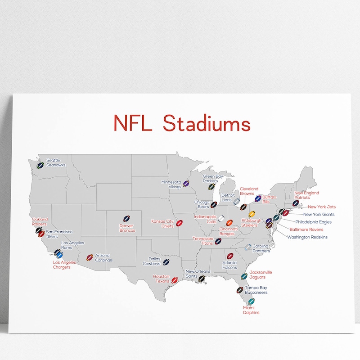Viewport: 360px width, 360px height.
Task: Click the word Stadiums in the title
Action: click(x=207, y=123)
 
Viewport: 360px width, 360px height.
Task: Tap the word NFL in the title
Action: click(x=133, y=123)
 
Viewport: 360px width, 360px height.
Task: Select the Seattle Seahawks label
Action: click(x=56, y=162)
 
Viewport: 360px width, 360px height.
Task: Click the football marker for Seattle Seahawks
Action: click(x=40, y=165)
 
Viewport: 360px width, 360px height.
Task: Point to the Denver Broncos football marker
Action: click(x=126, y=218)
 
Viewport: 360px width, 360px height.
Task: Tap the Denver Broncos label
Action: click(x=127, y=228)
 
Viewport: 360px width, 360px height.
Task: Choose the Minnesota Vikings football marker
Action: click(x=186, y=184)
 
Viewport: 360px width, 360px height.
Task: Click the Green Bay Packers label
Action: click(x=213, y=179)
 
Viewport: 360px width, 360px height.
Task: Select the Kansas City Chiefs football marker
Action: click(x=179, y=223)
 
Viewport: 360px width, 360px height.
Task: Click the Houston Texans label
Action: click(x=161, y=279)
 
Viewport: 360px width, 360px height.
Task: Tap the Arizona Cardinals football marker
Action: click(x=90, y=257)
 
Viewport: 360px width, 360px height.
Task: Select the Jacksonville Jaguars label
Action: click(x=261, y=274)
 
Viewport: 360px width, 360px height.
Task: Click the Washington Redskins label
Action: click(x=307, y=237)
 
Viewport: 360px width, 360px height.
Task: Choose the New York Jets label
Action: click(x=321, y=207)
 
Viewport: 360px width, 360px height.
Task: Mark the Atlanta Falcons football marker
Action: click(x=230, y=256)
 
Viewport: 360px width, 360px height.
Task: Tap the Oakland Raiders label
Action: click(x=40, y=221)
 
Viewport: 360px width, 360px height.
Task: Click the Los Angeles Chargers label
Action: click(x=62, y=265)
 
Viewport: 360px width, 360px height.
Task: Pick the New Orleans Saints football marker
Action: click(x=202, y=278)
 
